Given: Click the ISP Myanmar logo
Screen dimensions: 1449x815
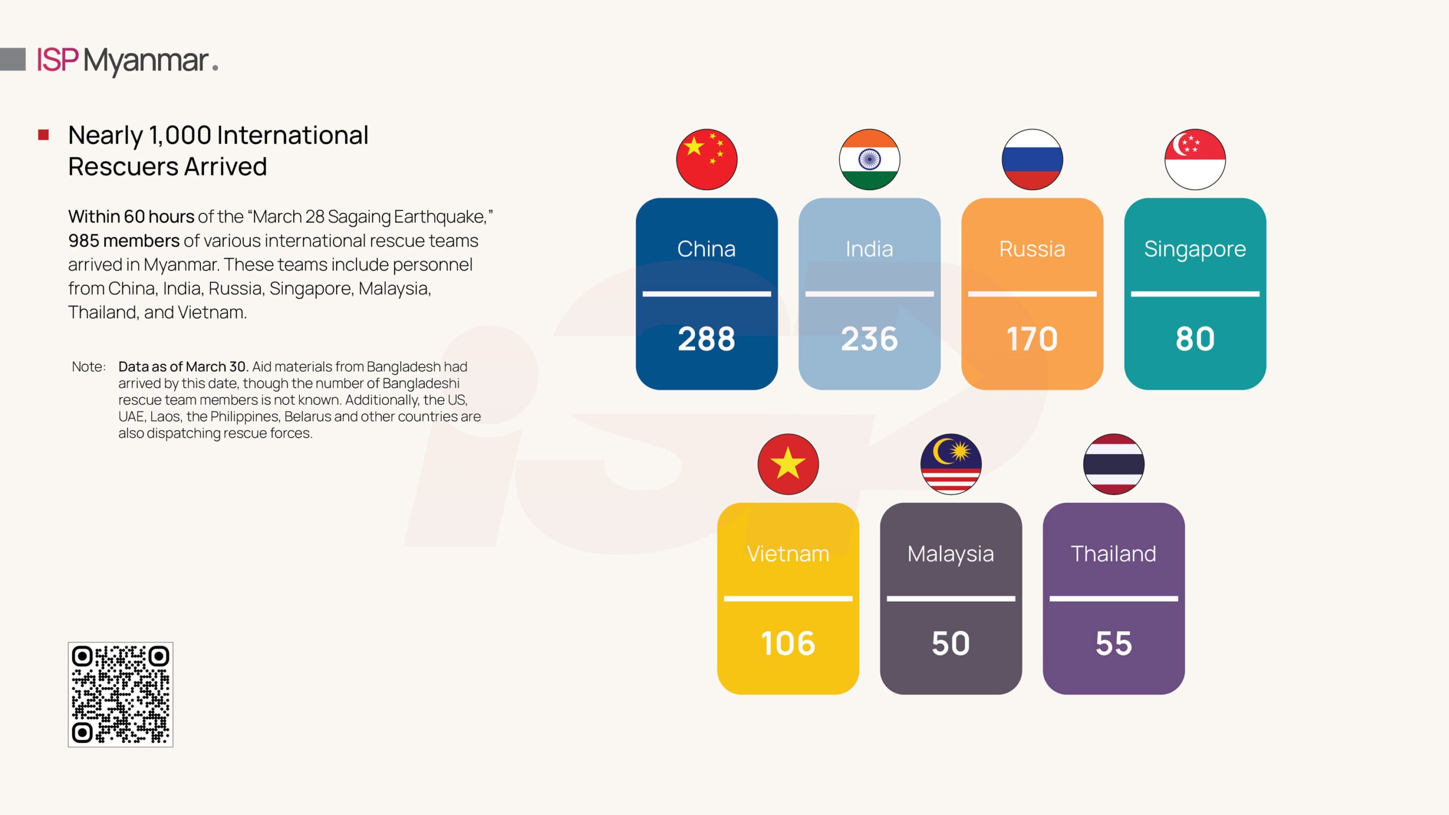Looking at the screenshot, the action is click(127, 61).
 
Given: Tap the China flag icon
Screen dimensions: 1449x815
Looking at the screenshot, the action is click(706, 159).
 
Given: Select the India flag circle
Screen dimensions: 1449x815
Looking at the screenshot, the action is click(869, 159).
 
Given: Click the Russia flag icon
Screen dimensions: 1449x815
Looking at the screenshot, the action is click(1032, 159).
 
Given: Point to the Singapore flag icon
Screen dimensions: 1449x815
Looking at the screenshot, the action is click(1195, 159).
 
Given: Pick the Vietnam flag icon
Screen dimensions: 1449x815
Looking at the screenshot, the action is click(788, 464).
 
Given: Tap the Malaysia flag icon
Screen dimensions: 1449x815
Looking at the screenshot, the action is click(951, 464).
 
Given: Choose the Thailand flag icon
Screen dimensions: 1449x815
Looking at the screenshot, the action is click(1114, 464).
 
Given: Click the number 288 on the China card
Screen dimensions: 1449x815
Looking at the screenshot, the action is click(706, 339).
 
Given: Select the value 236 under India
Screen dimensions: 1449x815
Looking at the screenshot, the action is click(869, 339).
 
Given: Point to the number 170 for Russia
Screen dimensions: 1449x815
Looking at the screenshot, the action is click(1032, 339).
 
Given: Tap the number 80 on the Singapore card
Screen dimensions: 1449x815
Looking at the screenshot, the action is click(1195, 339).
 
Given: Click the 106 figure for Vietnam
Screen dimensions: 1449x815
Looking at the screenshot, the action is click(788, 644).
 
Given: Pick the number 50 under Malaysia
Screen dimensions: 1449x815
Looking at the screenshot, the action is click(951, 644).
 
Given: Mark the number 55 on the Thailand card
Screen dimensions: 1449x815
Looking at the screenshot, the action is click(1114, 644).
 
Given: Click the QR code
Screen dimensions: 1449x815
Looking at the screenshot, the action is click(121, 694).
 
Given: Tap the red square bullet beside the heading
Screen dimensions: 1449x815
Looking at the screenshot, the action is click(44, 135).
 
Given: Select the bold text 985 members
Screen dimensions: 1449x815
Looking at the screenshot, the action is click(124, 241).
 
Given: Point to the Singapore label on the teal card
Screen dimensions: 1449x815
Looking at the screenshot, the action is click(1195, 250).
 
